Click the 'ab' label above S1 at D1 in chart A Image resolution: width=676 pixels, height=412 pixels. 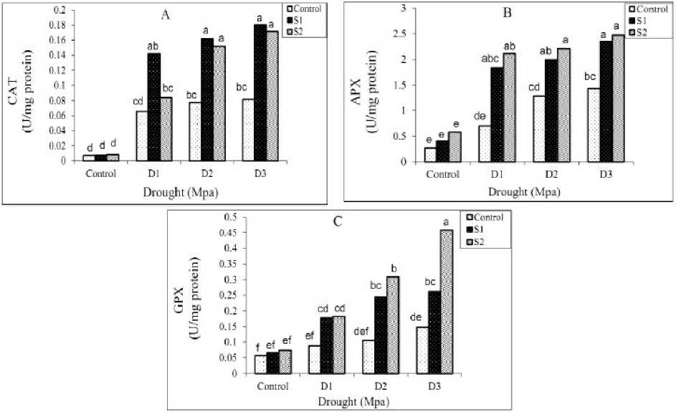pyautogui.click(x=153, y=47)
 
